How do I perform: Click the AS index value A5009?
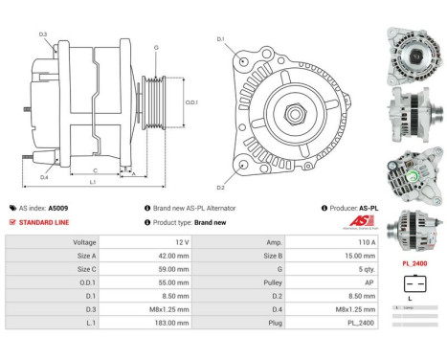click(58, 208)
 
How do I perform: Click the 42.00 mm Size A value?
click(177, 257)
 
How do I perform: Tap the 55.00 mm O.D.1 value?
click(177, 283)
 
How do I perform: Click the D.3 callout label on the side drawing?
click(44, 35)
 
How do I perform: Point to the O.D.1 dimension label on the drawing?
click(190, 102)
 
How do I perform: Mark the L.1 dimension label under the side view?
click(92, 182)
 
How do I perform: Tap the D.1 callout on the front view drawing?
click(221, 39)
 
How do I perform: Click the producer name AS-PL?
click(369, 208)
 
